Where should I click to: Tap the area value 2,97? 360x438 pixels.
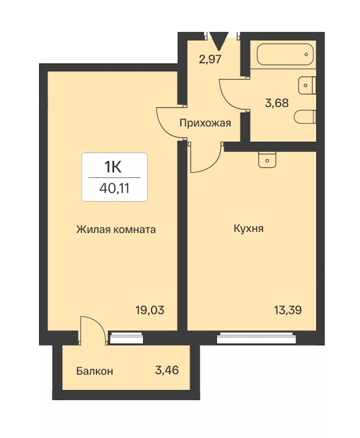[210, 59]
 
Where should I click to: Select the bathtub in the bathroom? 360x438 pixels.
[285, 54]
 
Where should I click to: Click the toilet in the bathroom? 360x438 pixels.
[305, 117]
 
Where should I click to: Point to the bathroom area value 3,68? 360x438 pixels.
[277, 103]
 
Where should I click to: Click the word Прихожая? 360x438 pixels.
[205, 123]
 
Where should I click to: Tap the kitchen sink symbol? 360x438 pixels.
[267, 160]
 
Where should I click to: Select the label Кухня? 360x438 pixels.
[248, 229]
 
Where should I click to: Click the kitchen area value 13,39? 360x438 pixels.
[288, 310]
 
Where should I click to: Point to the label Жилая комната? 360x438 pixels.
[116, 230]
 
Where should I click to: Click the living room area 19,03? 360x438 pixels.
[150, 310]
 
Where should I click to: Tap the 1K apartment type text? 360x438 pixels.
[113, 167]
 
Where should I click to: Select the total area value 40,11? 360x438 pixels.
[114, 189]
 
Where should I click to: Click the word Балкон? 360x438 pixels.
[94, 371]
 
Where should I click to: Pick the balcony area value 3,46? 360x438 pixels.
[167, 370]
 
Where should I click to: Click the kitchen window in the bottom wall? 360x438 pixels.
[256, 338]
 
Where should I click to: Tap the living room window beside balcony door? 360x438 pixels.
[127, 338]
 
